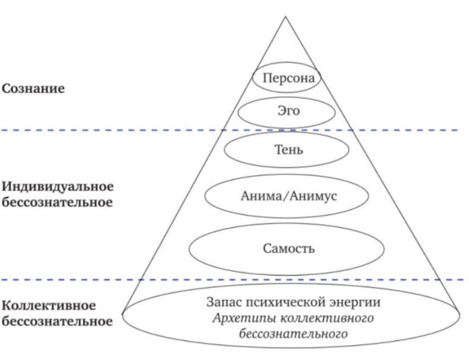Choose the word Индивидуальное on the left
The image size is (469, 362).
tap(58, 187)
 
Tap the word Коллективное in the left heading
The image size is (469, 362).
tap(48, 306)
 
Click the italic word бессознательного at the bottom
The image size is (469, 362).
tap(291, 334)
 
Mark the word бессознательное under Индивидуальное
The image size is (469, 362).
tap(56, 203)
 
